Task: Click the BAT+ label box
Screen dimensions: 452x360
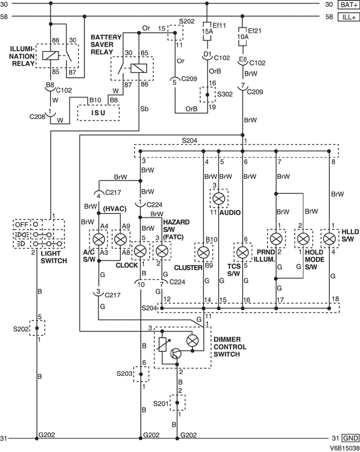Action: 348,5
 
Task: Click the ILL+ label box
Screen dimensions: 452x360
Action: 348,16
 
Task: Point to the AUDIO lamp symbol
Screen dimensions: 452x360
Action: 219,198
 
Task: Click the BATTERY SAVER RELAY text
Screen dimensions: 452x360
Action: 109,45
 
